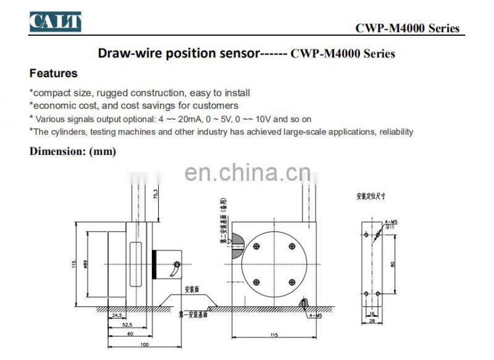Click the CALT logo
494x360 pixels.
click(x=56, y=22)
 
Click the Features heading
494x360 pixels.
click(x=54, y=73)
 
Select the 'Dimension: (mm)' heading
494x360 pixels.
click(x=73, y=151)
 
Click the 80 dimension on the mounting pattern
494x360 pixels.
click(x=391, y=264)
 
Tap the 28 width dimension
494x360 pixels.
click(x=371, y=321)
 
